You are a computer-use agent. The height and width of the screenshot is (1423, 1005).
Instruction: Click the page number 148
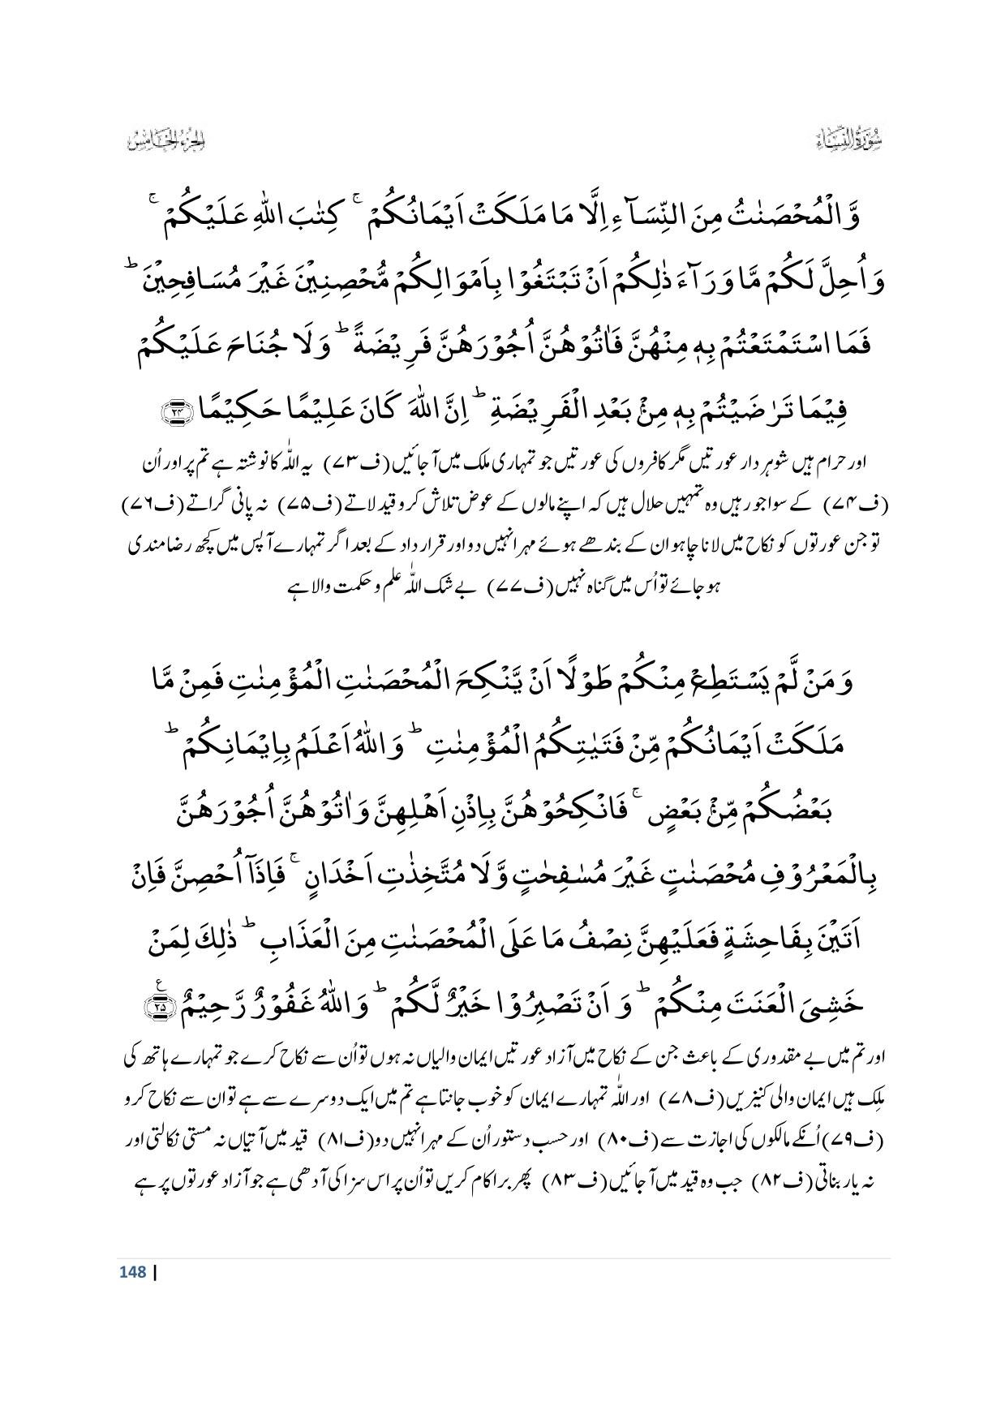(132, 1272)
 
